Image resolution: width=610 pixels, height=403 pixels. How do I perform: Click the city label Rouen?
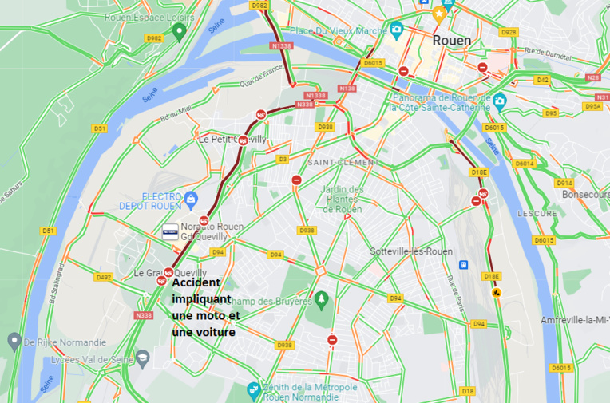pyautogui.click(x=451, y=40)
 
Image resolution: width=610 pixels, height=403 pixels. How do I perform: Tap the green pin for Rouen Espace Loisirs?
pyautogui.click(x=179, y=32)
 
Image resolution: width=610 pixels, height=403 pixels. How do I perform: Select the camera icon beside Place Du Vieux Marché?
pyautogui.click(x=397, y=30)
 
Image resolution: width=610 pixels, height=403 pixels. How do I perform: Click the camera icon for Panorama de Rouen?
pyautogui.click(x=500, y=101)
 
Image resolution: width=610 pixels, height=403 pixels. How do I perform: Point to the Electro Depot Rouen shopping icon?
pyautogui.click(x=190, y=197)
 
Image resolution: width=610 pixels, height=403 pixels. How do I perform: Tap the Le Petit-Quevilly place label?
pyautogui.click(x=232, y=139)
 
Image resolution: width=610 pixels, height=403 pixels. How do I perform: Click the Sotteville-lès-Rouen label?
pyautogui.click(x=411, y=251)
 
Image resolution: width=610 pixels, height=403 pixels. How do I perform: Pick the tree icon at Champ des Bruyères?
pyautogui.click(x=321, y=300)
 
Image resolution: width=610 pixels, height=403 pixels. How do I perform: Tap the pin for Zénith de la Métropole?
pyautogui.click(x=253, y=389)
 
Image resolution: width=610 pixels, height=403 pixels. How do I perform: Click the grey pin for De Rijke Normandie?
pyautogui.click(x=14, y=342)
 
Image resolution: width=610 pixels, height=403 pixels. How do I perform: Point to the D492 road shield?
pyautogui.click(x=104, y=277)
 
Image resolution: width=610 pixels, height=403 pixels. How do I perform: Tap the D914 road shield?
pyautogui.click(x=564, y=183)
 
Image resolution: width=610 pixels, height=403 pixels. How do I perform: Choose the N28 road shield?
pyautogui.click(x=592, y=77)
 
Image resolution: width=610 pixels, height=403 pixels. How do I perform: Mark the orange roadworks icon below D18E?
pyautogui.click(x=497, y=293)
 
